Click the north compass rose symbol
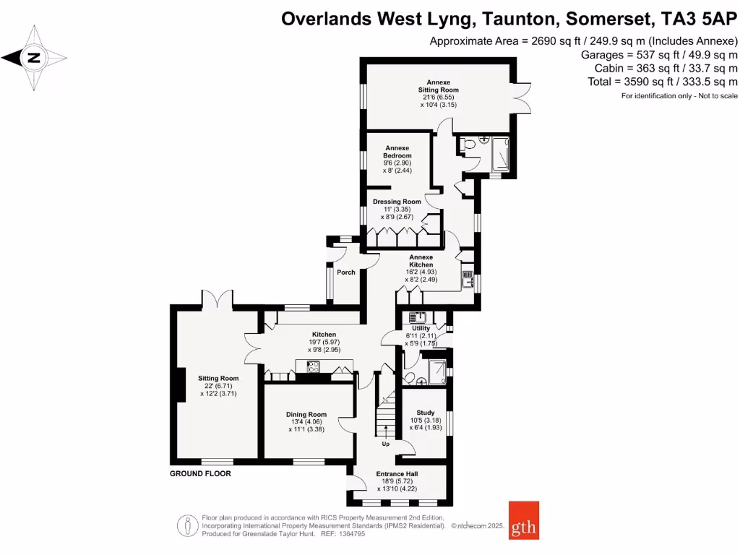[33, 57]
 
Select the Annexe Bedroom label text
[397, 152]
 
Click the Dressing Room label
[397, 202]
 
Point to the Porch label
[346, 272]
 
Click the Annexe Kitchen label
[421, 261]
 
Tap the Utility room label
[421, 328]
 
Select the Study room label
[425, 413]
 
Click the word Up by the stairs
[385, 444]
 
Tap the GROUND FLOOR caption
[200, 474]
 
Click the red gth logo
[523, 520]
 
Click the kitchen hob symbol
[314, 367]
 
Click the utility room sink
[417, 317]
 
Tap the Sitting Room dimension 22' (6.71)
[218, 386]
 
